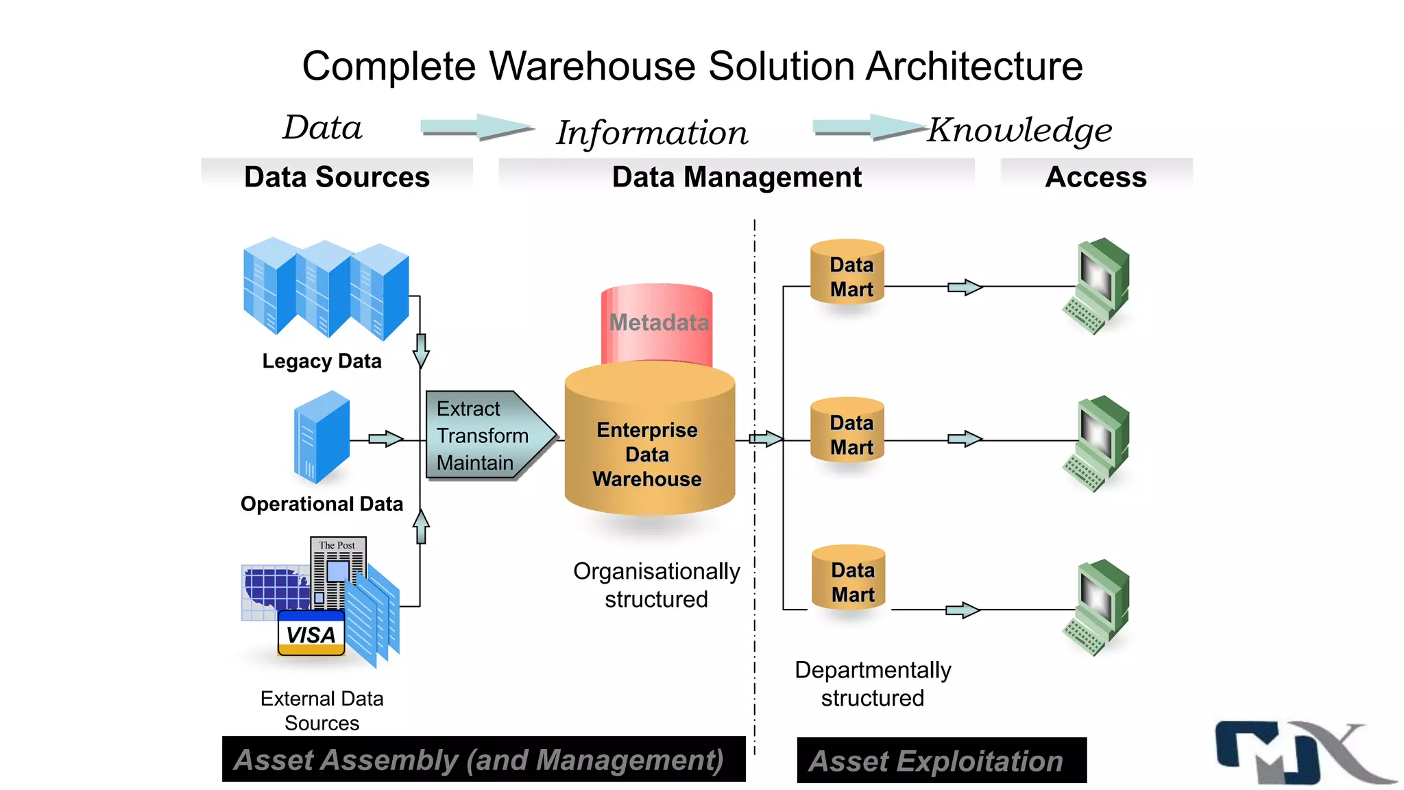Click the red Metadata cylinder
pyautogui.click(x=657, y=322)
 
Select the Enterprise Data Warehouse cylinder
pyautogui.click(x=649, y=446)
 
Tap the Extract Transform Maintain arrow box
pyautogui.click(x=487, y=435)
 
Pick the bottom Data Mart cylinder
pyautogui.click(x=849, y=578)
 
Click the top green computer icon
pyautogui.click(x=1098, y=285)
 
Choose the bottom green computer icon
pyautogui.click(x=1098, y=608)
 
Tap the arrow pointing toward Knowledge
pyautogui.click(x=869, y=128)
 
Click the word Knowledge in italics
pyautogui.click(x=1019, y=130)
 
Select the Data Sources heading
pyautogui.click(x=337, y=177)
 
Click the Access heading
pyautogui.click(x=1096, y=177)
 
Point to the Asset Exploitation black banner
pyautogui.click(x=941, y=761)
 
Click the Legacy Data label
pyautogui.click(x=322, y=361)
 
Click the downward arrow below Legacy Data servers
pyautogui.click(x=421, y=350)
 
